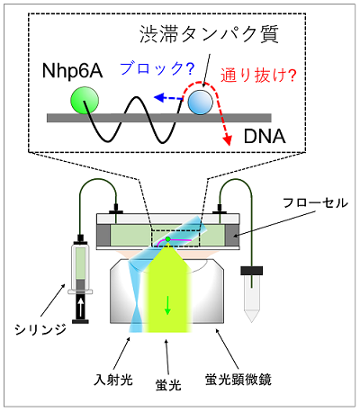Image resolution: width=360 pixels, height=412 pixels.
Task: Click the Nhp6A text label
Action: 72,71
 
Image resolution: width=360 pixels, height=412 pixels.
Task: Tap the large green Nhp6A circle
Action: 85,101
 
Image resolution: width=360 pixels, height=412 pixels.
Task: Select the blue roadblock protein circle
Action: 200,103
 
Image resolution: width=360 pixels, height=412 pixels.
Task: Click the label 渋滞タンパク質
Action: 209,34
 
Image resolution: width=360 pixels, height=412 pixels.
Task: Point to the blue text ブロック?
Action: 157,68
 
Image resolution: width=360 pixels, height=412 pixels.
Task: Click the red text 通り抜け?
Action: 258,75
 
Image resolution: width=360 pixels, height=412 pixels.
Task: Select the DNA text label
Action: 265,137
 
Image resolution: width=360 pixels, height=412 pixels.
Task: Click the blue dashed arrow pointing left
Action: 168,97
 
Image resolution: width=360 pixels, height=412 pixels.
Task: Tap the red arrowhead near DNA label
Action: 228,140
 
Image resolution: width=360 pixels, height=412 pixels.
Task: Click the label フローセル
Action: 315,203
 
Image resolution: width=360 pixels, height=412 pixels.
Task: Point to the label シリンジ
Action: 40,329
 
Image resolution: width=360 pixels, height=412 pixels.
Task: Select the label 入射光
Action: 112,380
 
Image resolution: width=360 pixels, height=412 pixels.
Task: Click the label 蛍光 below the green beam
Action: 168,385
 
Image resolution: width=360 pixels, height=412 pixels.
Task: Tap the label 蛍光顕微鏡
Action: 238,380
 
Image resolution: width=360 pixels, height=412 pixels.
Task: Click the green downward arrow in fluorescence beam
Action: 167,305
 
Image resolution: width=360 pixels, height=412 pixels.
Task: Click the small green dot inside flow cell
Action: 167,239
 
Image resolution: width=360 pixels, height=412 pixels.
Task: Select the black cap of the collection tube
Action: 251,271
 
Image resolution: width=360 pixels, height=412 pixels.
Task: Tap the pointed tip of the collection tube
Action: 251,322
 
